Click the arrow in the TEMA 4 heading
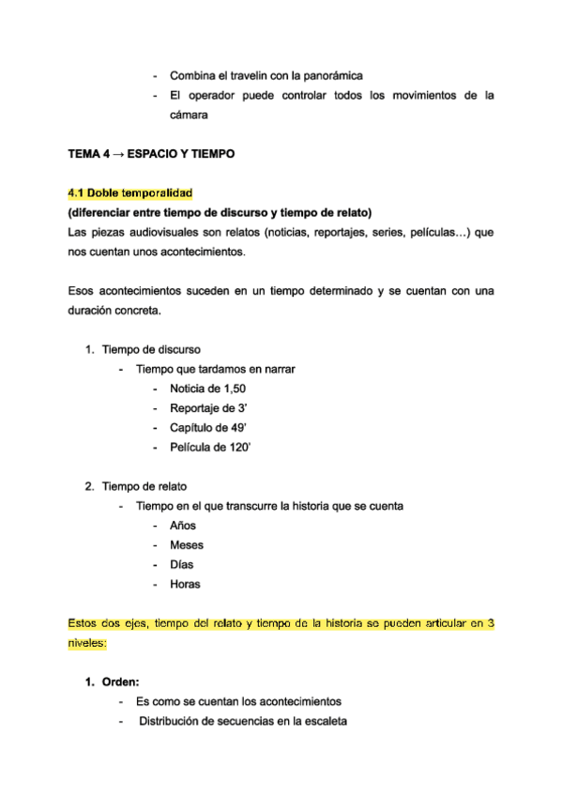coord(118,153)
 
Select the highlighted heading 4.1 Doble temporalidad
coord(130,192)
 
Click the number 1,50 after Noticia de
coord(235,388)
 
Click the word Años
coord(183,526)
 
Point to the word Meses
coord(187,545)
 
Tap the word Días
coord(182,565)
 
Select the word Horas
coord(185,585)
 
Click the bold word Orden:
coord(121,681)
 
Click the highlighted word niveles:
coord(88,643)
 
